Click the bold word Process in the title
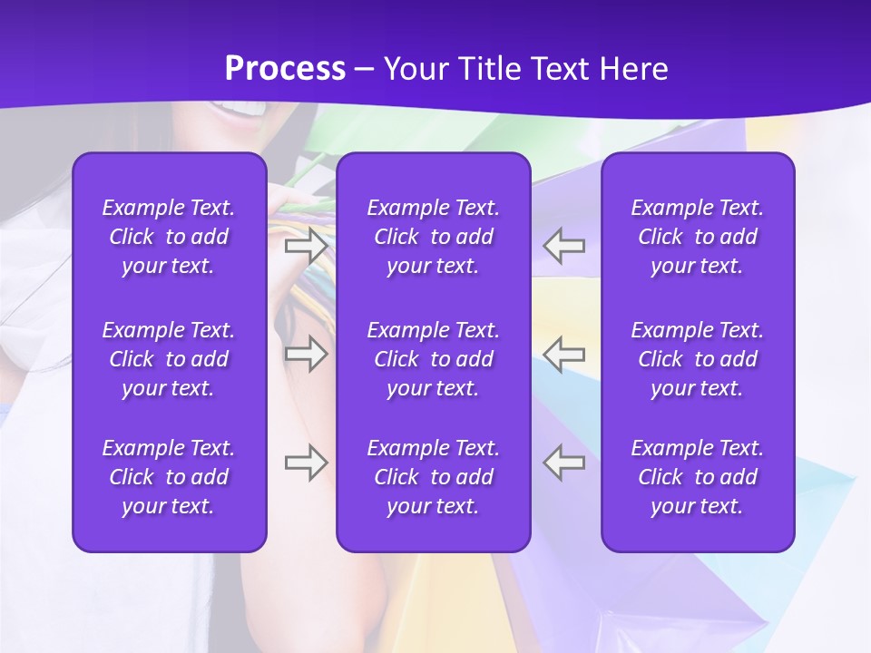(x=285, y=69)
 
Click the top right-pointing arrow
(x=306, y=246)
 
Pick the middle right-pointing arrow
(x=306, y=354)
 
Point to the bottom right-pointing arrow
(x=306, y=463)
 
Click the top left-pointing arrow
(x=564, y=246)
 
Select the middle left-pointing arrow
(x=564, y=354)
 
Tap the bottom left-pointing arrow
(x=564, y=463)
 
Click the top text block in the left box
(x=169, y=237)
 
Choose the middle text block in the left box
(x=169, y=359)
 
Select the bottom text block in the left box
(x=169, y=477)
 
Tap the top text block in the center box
(x=433, y=237)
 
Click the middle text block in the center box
(x=433, y=359)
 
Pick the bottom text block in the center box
(x=433, y=477)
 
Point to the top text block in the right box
(x=697, y=237)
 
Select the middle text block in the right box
(x=697, y=359)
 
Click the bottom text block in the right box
(x=697, y=477)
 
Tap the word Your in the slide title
(x=415, y=69)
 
